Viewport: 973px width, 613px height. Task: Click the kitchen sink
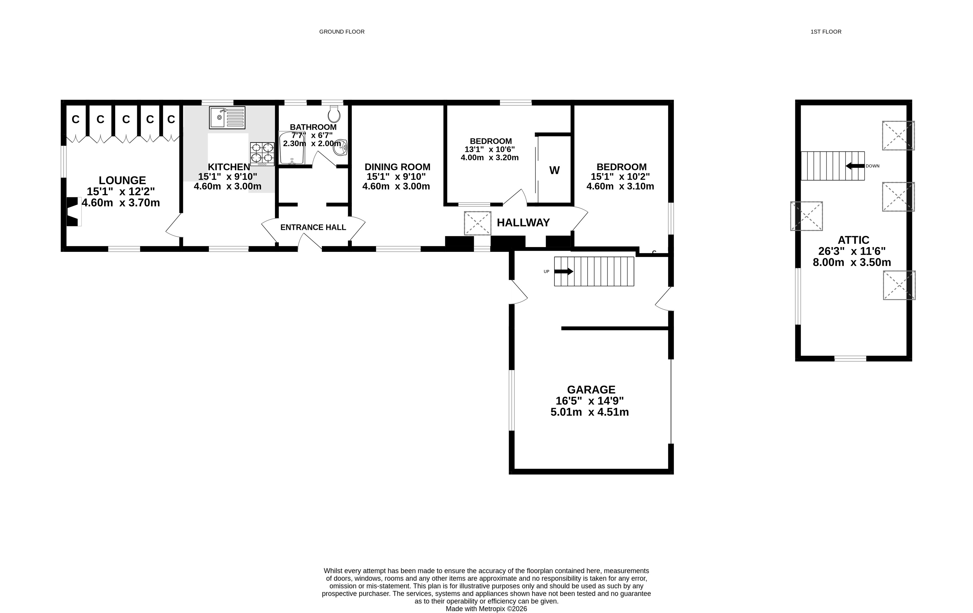click(x=227, y=117)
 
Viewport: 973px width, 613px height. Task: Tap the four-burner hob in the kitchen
click(x=262, y=154)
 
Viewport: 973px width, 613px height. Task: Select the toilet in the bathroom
click(x=334, y=114)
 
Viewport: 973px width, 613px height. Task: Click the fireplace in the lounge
click(x=73, y=212)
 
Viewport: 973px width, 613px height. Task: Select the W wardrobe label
click(x=554, y=170)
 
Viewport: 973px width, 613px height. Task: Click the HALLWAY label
click(x=523, y=222)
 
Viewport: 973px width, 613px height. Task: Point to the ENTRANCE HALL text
click(x=313, y=227)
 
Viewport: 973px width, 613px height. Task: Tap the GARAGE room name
click(x=591, y=390)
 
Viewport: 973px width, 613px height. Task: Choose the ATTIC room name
click(x=853, y=240)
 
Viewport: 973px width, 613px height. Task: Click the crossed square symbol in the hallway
click(x=477, y=223)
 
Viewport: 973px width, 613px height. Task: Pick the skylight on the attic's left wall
click(x=807, y=216)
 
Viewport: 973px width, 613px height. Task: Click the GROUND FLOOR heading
click(x=342, y=32)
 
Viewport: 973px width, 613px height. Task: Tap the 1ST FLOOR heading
click(x=826, y=32)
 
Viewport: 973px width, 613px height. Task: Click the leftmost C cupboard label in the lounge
click(x=75, y=119)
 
